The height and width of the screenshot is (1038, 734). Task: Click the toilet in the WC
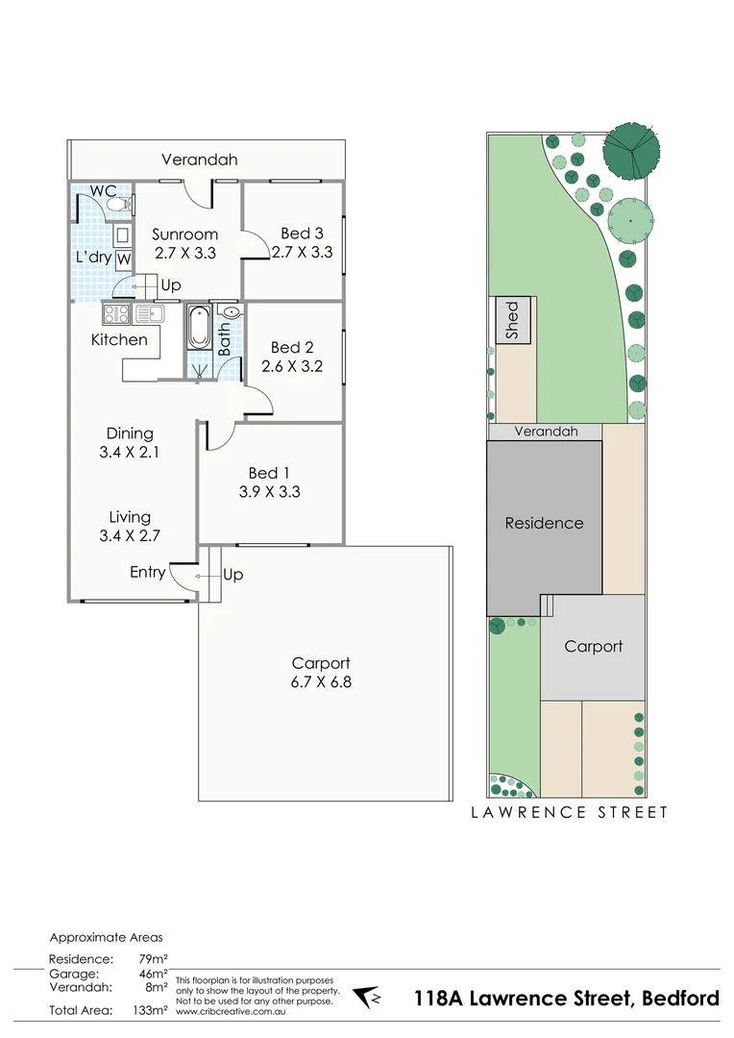(114, 204)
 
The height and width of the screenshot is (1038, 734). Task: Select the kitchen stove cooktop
(116, 313)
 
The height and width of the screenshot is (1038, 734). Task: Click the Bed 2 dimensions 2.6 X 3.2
(292, 366)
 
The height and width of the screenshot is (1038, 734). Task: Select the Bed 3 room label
(302, 234)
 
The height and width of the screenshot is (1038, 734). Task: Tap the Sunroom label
(185, 235)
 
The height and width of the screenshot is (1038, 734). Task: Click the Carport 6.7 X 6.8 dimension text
(321, 682)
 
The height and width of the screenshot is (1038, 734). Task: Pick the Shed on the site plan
(512, 321)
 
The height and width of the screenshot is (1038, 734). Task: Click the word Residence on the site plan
(544, 523)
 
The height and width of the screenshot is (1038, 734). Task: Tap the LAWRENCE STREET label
(569, 812)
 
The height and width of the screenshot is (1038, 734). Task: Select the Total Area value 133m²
(153, 1010)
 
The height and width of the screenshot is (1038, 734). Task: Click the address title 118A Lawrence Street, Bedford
(566, 999)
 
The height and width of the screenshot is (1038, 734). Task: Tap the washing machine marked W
(124, 259)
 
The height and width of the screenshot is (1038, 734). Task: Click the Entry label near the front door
(148, 573)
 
